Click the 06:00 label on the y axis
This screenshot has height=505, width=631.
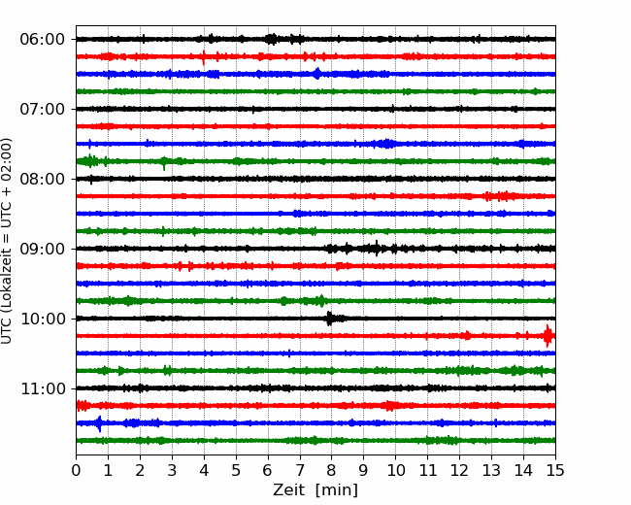43,40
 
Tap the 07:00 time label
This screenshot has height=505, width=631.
43,109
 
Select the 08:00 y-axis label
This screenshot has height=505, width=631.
43,180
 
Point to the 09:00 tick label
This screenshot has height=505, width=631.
43,249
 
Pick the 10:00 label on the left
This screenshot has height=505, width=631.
43,319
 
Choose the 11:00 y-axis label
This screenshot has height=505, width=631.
43,389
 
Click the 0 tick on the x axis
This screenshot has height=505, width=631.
76,470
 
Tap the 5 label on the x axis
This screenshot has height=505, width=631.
236,470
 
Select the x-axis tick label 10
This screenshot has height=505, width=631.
396,470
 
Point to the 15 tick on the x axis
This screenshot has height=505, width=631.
555,470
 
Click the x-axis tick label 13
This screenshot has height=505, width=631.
492,470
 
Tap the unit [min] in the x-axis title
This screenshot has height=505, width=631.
337,490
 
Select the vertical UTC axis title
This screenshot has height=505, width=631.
7,241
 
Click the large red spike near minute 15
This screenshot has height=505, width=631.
548,335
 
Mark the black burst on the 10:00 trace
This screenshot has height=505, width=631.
330,319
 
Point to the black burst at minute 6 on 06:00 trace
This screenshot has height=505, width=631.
272,39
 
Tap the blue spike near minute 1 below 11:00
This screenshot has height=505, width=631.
99,423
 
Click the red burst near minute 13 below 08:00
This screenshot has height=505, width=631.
500,196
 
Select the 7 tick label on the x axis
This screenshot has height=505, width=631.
300,470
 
